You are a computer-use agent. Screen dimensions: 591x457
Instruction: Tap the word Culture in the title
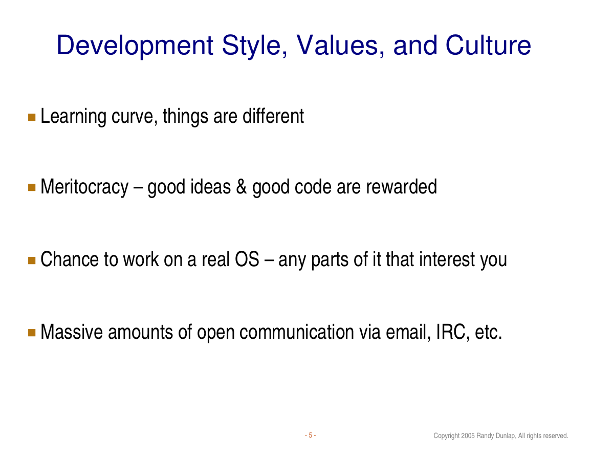tap(488, 45)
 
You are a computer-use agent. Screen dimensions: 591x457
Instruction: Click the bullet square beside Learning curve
tap(32, 117)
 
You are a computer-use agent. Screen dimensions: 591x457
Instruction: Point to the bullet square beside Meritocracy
tap(32, 187)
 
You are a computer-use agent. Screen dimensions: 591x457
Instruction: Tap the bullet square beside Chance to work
tap(32, 260)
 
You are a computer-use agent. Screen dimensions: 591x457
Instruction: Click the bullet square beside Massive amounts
tap(32, 332)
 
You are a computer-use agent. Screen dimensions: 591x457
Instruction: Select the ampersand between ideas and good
tap(242, 187)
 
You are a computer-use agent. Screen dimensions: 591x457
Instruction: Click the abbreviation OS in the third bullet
tap(247, 259)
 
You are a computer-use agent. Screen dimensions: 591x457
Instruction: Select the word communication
tap(297, 332)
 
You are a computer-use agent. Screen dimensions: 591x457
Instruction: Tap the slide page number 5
tap(310, 436)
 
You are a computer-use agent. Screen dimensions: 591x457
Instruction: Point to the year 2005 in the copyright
tap(468, 436)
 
